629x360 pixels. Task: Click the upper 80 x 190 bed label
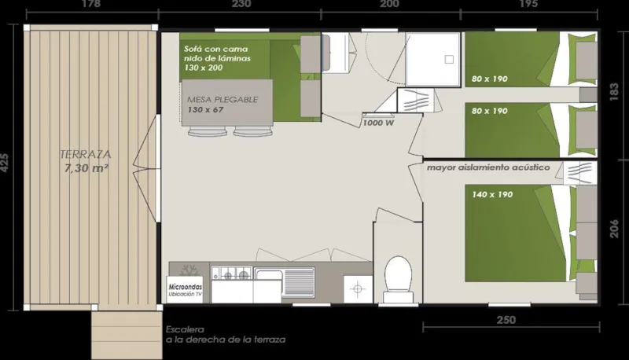click(x=491, y=78)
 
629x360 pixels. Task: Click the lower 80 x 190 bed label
click(x=491, y=111)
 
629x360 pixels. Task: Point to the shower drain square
click(x=450, y=59)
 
